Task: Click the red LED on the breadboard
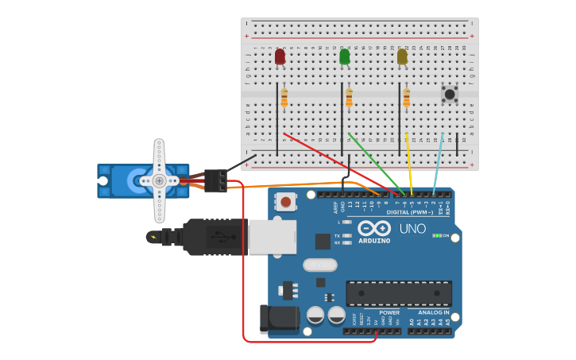[280, 56]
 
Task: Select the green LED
[344, 56]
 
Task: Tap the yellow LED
[402, 56]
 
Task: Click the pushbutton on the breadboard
[450, 95]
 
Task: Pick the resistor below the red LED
[284, 98]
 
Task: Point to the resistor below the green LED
[349, 98]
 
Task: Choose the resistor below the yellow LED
[407, 98]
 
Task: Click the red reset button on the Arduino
[285, 202]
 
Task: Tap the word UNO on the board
[412, 229]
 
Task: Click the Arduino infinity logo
[374, 228]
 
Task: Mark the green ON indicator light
[436, 235]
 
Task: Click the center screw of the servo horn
[159, 180]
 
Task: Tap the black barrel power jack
[280, 319]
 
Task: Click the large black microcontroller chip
[399, 293]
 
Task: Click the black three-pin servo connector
[215, 180]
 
